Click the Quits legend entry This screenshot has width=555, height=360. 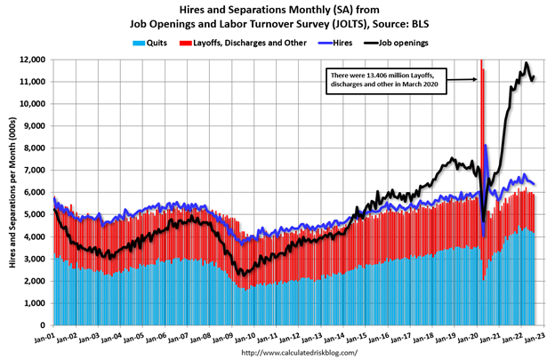click(x=148, y=42)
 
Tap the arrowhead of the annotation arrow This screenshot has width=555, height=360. click(x=478, y=79)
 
